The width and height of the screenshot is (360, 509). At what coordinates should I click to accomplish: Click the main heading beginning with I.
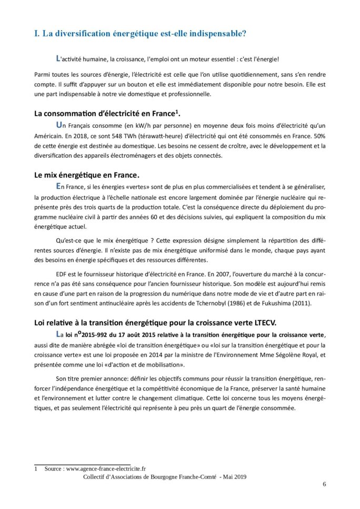(x=140, y=34)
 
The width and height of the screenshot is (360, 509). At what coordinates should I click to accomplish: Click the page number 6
(x=324, y=484)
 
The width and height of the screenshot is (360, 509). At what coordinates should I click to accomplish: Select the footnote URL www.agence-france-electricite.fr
(x=106, y=468)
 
